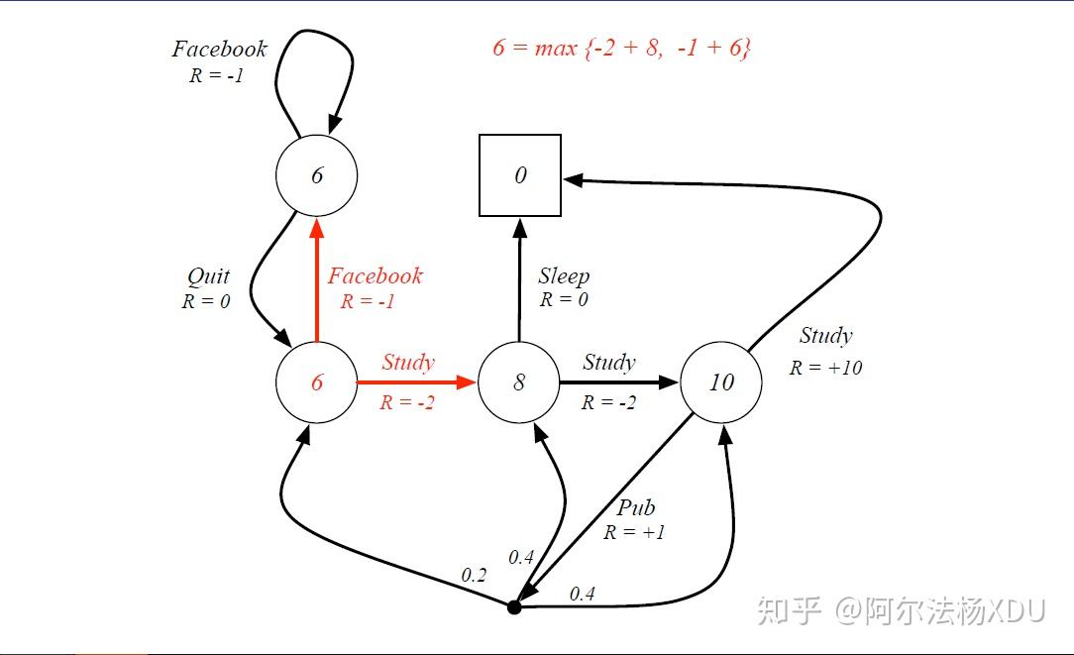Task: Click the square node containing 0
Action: (x=520, y=175)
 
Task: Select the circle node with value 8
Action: (x=519, y=382)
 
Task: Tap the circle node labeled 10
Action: (x=721, y=382)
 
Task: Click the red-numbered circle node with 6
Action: (x=316, y=382)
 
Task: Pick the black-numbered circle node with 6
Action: (x=316, y=175)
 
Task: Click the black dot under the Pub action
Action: (x=514, y=606)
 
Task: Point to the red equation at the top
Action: (x=621, y=48)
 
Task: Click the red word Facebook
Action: (x=375, y=276)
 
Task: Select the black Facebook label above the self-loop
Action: (x=219, y=49)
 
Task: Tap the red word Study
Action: (x=408, y=363)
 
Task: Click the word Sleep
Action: (x=564, y=276)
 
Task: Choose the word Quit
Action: (x=208, y=276)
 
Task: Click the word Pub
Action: (x=635, y=508)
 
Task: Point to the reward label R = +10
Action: (x=825, y=368)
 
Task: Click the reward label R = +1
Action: (x=634, y=532)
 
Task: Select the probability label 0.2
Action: (x=474, y=575)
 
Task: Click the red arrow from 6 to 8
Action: (x=416, y=382)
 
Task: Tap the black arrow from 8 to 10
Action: (x=619, y=382)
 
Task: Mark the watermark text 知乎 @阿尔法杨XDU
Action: (x=901, y=611)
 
